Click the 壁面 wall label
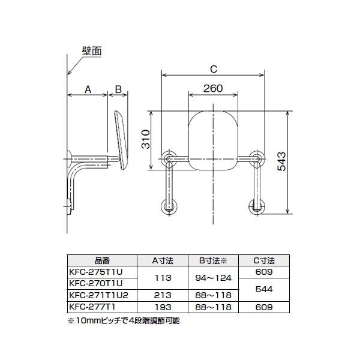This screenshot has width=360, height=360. coord(92,51)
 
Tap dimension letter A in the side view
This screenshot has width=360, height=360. coord(88,89)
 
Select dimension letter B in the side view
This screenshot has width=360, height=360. coord(118,89)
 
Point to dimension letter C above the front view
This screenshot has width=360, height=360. coord(214,69)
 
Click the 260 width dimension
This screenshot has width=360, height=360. coord(213,88)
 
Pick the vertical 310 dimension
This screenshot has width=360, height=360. coord(146,139)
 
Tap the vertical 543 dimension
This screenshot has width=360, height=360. coord(282,161)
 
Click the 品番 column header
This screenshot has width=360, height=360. coord(102,260)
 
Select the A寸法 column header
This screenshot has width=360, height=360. coord(163,260)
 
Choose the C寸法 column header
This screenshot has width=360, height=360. coord(264,260)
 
